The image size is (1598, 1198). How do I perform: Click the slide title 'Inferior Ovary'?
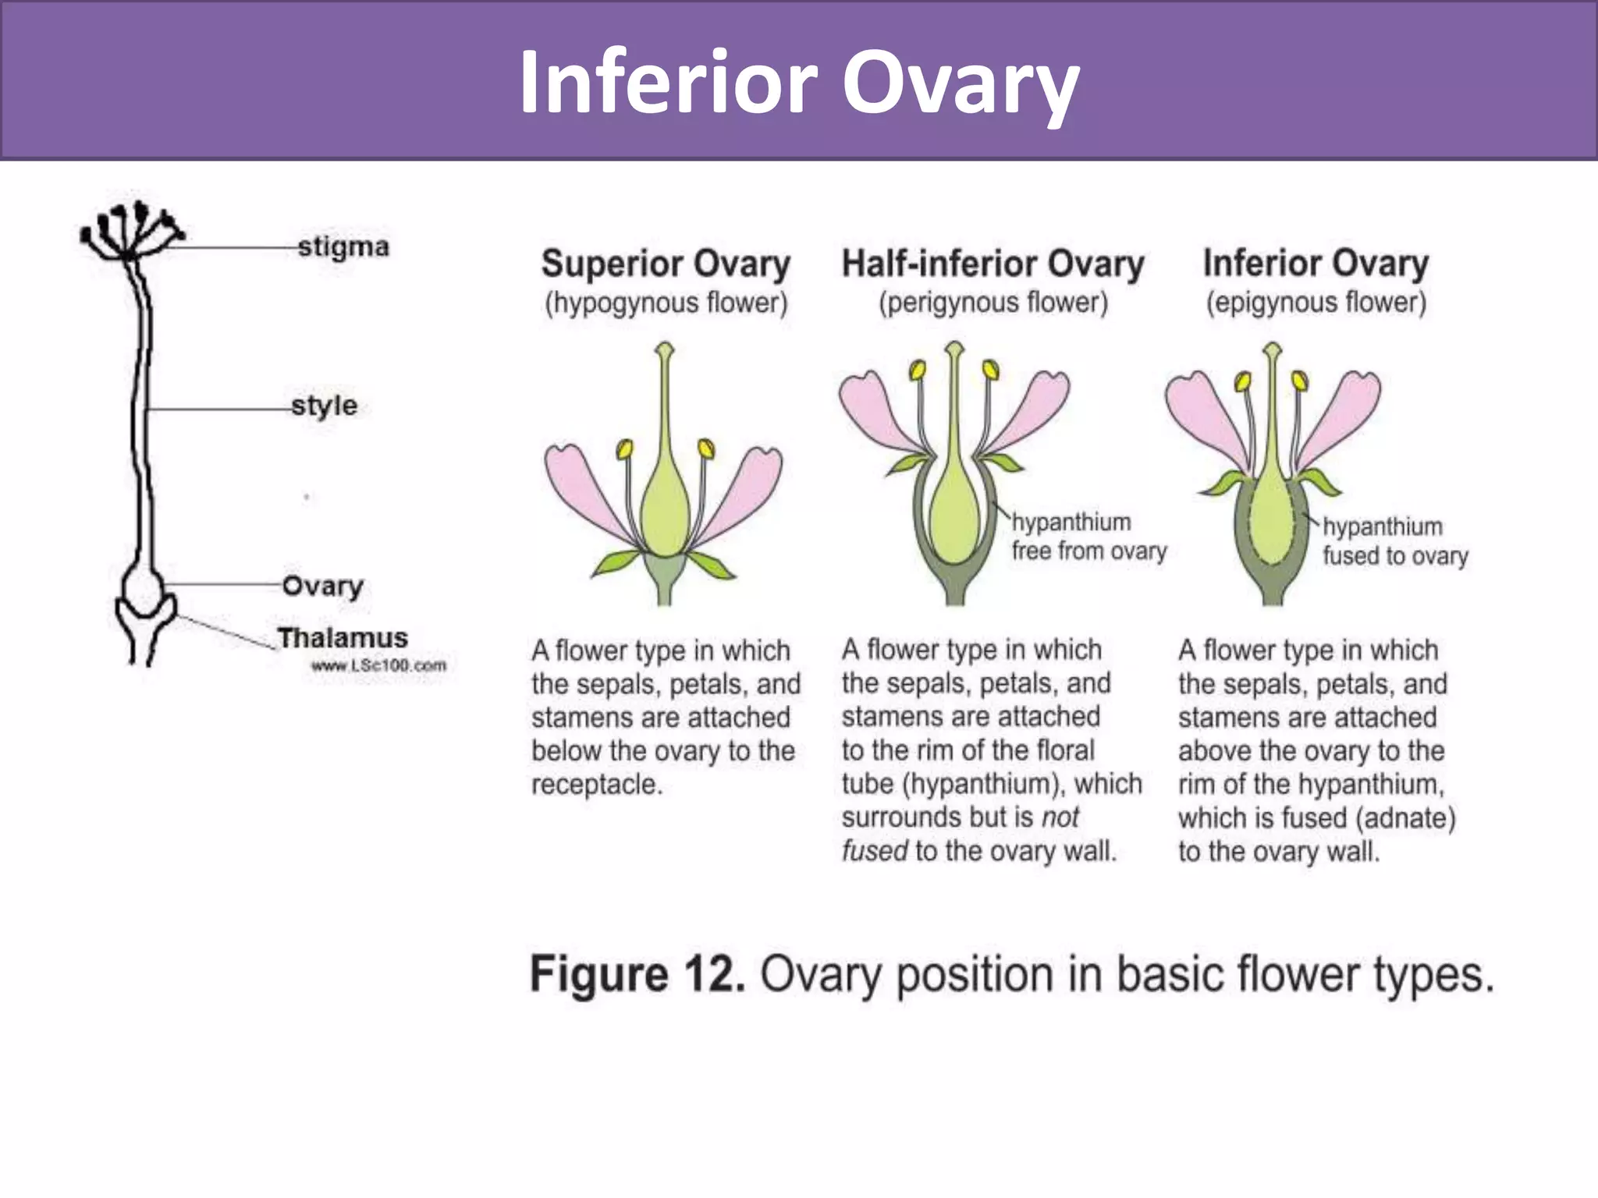pos(799,83)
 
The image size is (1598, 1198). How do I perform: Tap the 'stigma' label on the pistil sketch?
pos(343,247)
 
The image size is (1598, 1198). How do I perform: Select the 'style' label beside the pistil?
pos(324,406)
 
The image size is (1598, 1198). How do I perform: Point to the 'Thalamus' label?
pos(343,638)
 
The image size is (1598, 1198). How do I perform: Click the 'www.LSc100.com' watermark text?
pos(378,665)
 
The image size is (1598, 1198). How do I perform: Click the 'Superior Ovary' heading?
pos(666,264)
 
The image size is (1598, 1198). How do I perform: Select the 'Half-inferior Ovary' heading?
pos(993,264)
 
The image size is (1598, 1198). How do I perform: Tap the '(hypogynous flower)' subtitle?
pos(666,303)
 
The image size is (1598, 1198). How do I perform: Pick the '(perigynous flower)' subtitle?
pos(993,303)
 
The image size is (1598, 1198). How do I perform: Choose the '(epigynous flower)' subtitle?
pos(1316,303)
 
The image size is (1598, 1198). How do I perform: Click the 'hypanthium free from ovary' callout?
pos(1088,537)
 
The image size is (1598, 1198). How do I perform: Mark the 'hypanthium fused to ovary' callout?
pos(1394,541)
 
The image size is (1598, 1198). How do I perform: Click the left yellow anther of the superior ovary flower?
pos(624,449)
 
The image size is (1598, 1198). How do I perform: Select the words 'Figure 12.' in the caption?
pos(637,975)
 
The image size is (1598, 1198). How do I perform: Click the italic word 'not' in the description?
pos(1060,817)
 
